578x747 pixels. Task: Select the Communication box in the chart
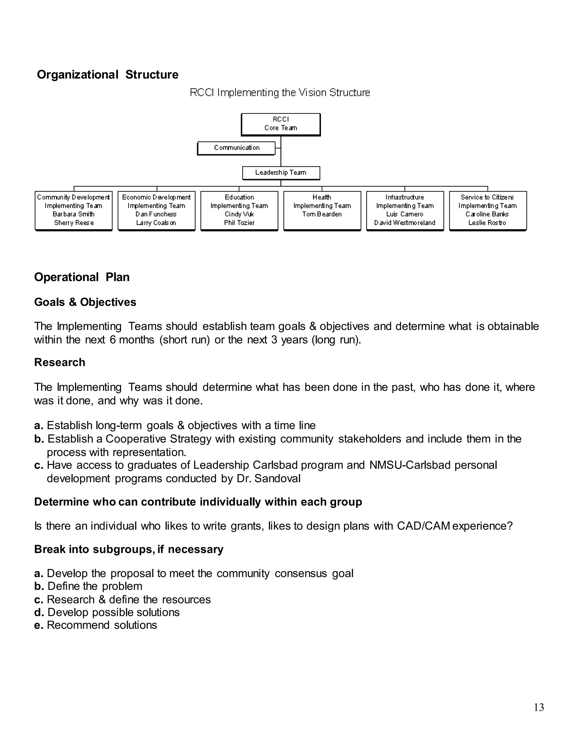(236, 148)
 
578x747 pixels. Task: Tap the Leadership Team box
(281, 173)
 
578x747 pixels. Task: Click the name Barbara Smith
(74, 214)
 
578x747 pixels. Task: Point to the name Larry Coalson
(156, 223)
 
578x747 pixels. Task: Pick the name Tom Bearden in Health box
(322, 214)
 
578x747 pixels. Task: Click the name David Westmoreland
(405, 223)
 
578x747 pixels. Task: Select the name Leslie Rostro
(487, 223)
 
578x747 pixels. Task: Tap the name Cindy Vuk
(239, 214)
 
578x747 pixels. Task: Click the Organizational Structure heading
(108, 75)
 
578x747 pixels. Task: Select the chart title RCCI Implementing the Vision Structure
(280, 93)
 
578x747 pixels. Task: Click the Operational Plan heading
(82, 277)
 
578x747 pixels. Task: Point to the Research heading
(60, 362)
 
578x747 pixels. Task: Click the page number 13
(538, 707)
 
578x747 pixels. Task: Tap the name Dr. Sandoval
(268, 479)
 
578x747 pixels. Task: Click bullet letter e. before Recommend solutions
(38, 625)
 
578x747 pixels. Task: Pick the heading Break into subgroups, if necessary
(129, 549)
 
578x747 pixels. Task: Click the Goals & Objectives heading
(85, 302)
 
